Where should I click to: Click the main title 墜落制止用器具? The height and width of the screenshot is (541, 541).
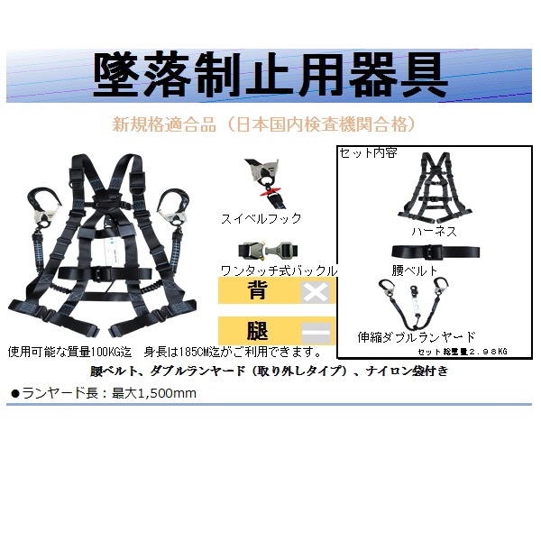(x=270, y=75)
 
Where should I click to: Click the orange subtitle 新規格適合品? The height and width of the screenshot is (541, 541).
(x=164, y=124)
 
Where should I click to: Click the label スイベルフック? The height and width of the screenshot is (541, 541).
(x=261, y=219)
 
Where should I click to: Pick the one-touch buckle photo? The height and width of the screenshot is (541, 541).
(x=269, y=251)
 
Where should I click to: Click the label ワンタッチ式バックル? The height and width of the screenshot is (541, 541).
(x=279, y=270)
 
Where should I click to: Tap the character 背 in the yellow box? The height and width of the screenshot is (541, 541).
(x=257, y=290)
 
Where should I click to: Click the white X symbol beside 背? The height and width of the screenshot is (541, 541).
(x=316, y=292)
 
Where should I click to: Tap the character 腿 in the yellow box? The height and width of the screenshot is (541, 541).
(x=257, y=331)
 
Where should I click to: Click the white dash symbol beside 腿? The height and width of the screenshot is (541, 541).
(x=316, y=333)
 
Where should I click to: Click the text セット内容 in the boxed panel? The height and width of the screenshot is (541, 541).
(x=368, y=153)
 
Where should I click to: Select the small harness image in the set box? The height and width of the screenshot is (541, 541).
(x=435, y=188)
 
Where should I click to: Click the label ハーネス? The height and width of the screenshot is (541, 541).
(x=435, y=231)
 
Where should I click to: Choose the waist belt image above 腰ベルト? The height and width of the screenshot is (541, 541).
(x=436, y=252)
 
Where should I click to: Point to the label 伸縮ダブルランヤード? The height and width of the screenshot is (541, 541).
(x=417, y=336)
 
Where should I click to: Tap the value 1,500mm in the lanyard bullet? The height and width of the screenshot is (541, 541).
(x=167, y=393)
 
